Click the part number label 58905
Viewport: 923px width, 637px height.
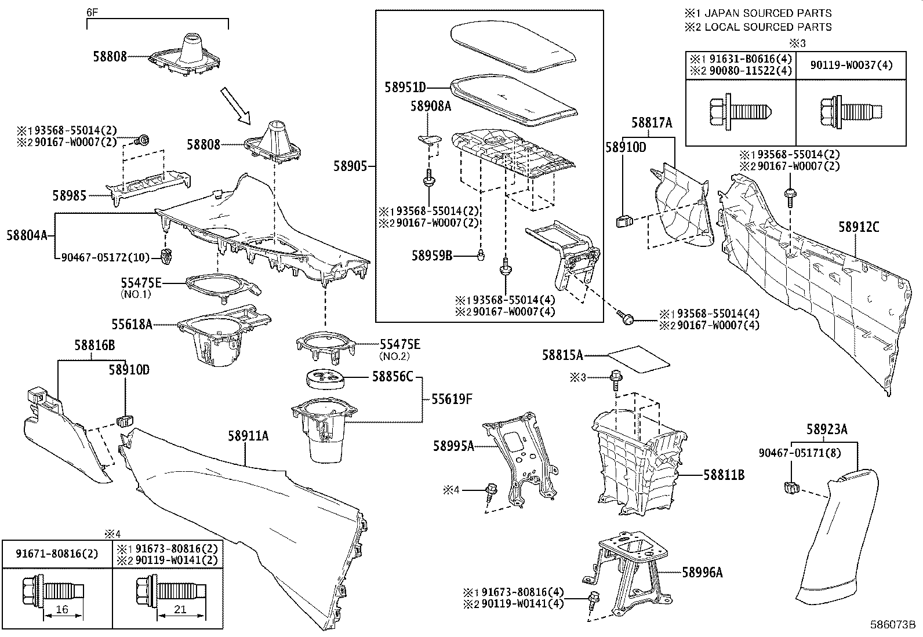pyautogui.click(x=350, y=166)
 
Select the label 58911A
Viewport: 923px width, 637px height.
pyautogui.click(x=248, y=436)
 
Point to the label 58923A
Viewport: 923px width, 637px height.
pyautogui.click(x=827, y=429)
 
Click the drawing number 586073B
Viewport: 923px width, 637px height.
pyautogui.click(x=892, y=625)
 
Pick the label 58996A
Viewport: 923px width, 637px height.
pyautogui.click(x=702, y=573)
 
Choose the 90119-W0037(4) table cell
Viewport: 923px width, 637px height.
pyautogui.click(x=851, y=65)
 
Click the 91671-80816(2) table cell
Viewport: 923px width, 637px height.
pyautogui.click(x=56, y=553)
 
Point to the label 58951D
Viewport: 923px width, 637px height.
pyautogui.click(x=405, y=88)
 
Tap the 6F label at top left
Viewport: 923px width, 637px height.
pyautogui.click(x=92, y=12)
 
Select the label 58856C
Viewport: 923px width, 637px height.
pyautogui.click(x=393, y=377)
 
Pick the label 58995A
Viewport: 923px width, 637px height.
pyautogui.click(x=453, y=445)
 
